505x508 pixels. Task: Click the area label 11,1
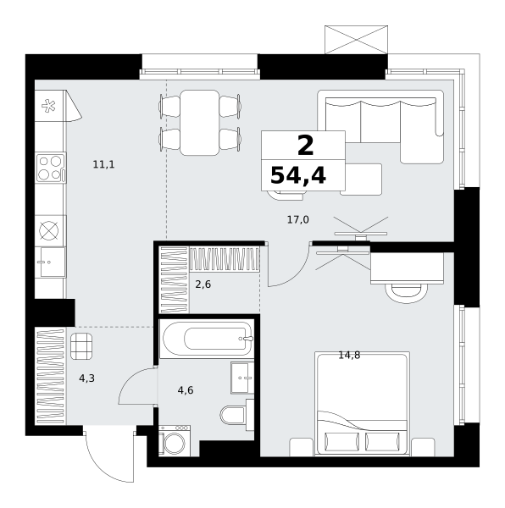[103, 164]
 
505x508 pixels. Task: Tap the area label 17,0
[298, 220]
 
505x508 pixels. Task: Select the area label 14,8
[349, 356]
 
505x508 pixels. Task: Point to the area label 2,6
[203, 284]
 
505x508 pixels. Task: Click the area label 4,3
[87, 378]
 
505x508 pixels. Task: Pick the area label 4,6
[186, 390]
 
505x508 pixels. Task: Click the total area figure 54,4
[298, 176]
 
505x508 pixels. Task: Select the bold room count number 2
[305, 145]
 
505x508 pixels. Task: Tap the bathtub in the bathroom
[207, 339]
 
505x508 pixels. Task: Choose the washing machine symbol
[175, 440]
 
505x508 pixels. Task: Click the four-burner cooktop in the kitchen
[51, 168]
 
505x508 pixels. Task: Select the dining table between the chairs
[200, 123]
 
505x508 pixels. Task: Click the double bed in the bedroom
[362, 404]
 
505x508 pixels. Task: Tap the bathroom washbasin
[242, 378]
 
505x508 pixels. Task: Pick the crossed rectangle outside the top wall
[356, 40]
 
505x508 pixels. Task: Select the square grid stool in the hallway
[81, 346]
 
